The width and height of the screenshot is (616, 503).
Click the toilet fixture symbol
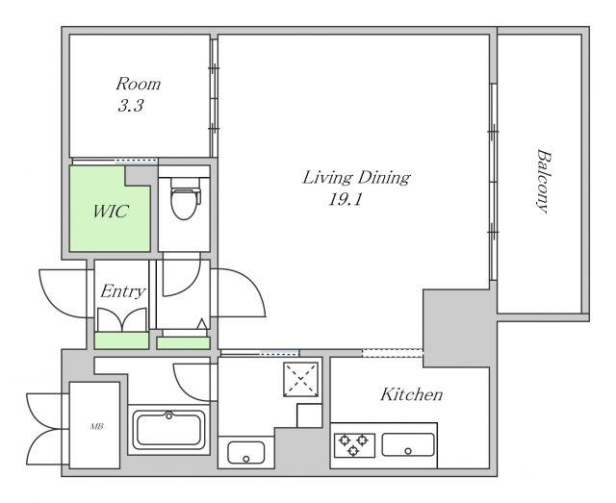186,198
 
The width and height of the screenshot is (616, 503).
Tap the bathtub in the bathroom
168,430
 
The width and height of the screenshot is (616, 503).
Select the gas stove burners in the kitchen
354,445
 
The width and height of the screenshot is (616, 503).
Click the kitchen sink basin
408,445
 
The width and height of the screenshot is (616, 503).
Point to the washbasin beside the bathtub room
246,452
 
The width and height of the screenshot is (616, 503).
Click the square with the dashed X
301,379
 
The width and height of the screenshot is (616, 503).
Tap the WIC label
111,212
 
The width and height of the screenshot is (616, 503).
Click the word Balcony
543,181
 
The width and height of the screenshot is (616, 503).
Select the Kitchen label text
411,394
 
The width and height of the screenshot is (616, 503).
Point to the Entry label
122,291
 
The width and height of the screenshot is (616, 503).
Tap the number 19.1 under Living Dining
345,200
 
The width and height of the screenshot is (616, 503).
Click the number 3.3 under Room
131,106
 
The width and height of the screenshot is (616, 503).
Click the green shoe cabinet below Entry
122,340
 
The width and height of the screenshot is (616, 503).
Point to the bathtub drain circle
169,415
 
